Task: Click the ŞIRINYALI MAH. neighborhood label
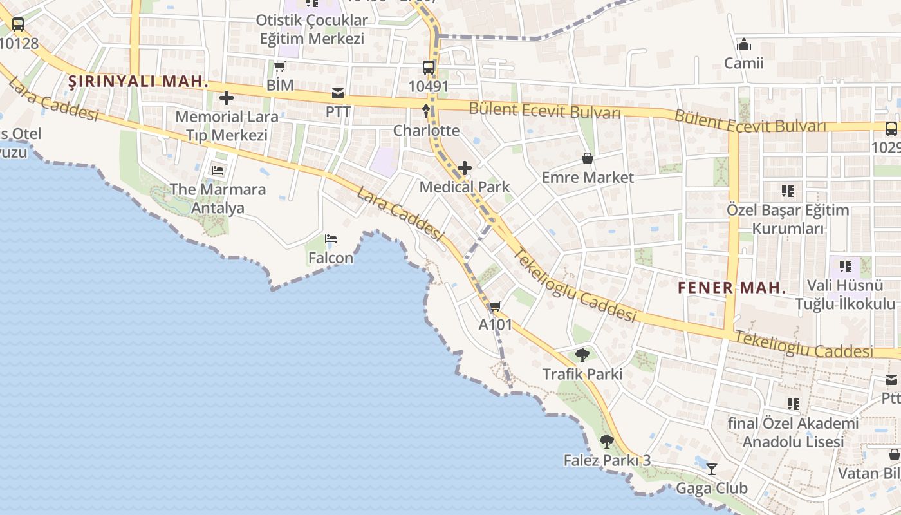tap(138, 82)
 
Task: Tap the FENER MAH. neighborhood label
tap(732, 288)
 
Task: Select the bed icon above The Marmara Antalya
tap(218, 171)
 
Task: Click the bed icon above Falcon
tap(331, 239)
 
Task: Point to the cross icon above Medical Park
tap(464, 169)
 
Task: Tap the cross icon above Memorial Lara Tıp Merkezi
tap(227, 98)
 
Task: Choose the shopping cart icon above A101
tap(495, 306)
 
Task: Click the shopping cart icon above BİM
tap(280, 66)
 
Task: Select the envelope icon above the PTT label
tap(338, 93)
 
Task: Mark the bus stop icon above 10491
tap(429, 67)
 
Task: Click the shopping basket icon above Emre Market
tap(588, 158)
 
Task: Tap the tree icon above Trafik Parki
tap(582, 355)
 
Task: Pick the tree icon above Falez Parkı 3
tap(607, 442)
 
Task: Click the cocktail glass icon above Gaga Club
tap(712, 469)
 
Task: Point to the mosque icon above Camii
tap(744, 45)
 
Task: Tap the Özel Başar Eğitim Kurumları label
tap(788, 220)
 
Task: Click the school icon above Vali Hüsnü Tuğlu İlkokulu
tap(845, 266)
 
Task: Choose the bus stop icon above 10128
tap(18, 25)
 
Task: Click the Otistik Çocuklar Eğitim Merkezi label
tap(312, 29)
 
